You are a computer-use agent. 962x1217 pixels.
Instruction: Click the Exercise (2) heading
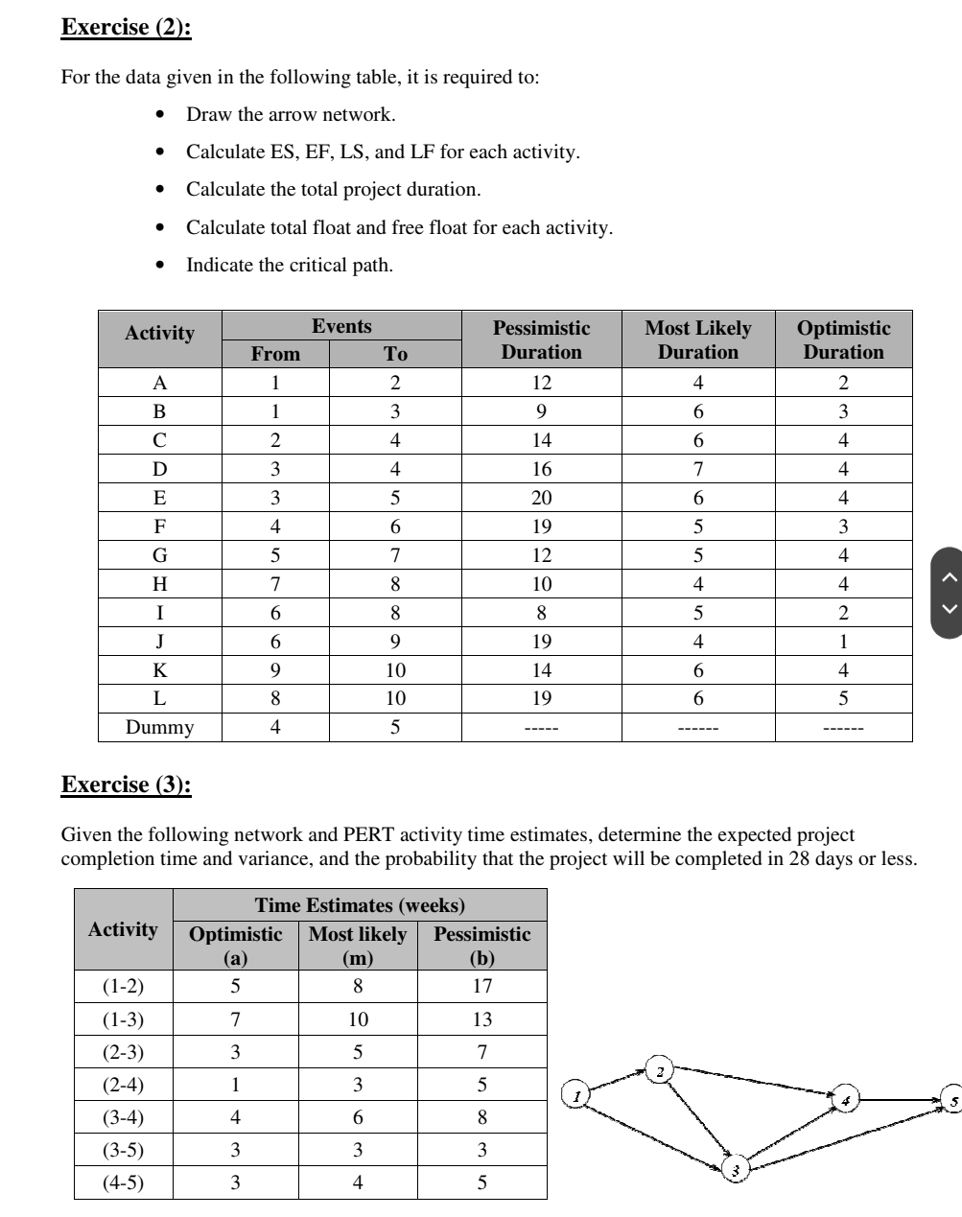click(x=126, y=27)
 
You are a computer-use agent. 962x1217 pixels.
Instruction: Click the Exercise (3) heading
click(x=126, y=784)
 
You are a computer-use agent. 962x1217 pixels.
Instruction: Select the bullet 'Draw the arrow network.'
click(x=290, y=114)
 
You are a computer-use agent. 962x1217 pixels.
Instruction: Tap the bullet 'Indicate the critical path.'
click(x=289, y=265)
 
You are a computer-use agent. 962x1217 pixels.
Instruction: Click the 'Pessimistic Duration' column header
click(x=541, y=339)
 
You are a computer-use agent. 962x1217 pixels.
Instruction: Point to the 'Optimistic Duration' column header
click(x=843, y=339)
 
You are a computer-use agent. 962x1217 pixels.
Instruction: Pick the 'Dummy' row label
click(x=159, y=727)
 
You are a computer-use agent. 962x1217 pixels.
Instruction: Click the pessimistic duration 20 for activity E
click(x=541, y=498)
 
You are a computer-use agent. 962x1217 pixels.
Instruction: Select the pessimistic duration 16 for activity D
click(x=541, y=469)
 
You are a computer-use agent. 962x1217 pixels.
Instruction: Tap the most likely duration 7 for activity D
click(x=697, y=469)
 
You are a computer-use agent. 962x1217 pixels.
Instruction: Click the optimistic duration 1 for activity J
click(x=843, y=642)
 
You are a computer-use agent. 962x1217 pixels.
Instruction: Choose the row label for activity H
click(x=159, y=584)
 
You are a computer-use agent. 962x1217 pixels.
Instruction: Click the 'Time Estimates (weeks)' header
click(x=360, y=904)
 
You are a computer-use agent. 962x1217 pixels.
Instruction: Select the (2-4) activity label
click(x=123, y=1085)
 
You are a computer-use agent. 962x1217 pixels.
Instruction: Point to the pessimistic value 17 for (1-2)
click(x=481, y=986)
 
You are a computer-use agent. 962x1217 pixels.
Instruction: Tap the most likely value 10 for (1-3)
click(x=357, y=1019)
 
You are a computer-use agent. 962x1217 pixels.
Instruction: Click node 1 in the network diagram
click(x=575, y=1093)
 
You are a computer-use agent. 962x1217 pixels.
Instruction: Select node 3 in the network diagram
click(x=736, y=1168)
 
